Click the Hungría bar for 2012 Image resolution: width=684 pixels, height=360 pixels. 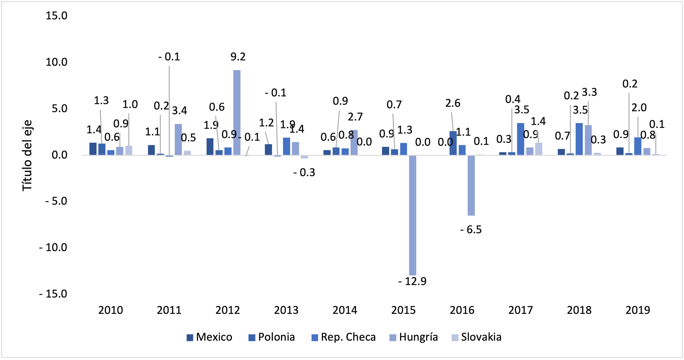click(x=237, y=112)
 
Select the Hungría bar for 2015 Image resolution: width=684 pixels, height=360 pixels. click(x=412, y=215)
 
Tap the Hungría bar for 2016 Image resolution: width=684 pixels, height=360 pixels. click(x=471, y=185)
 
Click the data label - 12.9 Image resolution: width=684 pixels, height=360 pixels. click(x=412, y=281)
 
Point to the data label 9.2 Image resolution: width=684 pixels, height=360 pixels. click(x=238, y=57)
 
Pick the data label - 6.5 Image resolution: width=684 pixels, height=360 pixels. click(x=471, y=230)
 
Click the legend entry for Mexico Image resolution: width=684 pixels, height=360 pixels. click(x=209, y=337)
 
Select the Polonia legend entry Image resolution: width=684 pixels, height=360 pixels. click(x=272, y=337)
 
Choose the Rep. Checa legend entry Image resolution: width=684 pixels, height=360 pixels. click(x=343, y=337)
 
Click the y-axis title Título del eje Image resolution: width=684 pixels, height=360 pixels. click(x=27, y=155)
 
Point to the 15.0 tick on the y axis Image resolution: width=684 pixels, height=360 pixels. click(x=57, y=16)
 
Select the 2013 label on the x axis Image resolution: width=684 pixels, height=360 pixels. click(x=286, y=310)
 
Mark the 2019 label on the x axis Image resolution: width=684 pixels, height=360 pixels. click(x=638, y=310)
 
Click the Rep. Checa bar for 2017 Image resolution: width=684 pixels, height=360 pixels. click(x=520, y=139)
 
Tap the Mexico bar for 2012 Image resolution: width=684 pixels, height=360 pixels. click(x=210, y=146)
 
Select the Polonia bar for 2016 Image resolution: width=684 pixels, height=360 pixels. click(x=453, y=143)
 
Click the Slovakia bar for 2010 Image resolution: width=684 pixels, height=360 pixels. click(x=128, y=150)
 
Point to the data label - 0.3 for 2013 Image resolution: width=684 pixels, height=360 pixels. click(x=304, y=173)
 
